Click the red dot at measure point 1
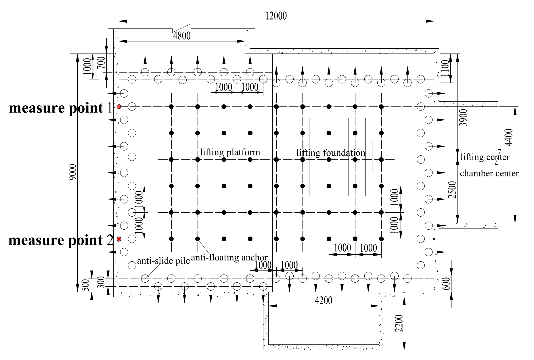pos(119,107)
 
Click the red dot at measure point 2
pos(119,239)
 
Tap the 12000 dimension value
pos(276,16)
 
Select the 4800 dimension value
pos(182,36)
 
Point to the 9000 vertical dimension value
pos(73,172)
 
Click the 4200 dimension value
pos(324,300)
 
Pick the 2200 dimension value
pos(399,323)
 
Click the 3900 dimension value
pos(463,118)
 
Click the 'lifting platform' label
pos(230,152)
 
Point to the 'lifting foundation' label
pos(331,153)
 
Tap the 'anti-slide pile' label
pos(163,261)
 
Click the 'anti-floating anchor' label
pos(229,258)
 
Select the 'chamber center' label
pos(489,173)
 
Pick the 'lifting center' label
pos(485,157)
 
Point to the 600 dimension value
pos(446,283)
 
